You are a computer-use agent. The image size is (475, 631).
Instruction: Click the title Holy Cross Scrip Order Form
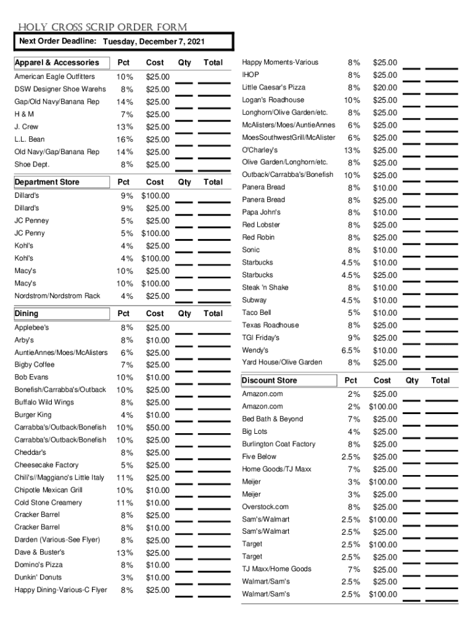[x=102, y=27]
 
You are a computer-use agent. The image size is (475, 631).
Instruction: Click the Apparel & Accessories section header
[x=56, y=63]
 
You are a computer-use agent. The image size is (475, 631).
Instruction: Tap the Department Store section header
[x=47, y=182]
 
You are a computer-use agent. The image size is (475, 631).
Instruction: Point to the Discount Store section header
[x=270, y=381]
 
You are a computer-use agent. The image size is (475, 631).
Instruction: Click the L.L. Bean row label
[x=30, y=139]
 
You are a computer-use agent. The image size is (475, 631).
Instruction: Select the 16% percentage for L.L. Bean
[x=124, y=139]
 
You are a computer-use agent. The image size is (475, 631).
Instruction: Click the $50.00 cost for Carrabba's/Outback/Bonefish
[x=158, y=428]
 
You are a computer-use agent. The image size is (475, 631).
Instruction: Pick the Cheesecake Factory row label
[x=46, y=465]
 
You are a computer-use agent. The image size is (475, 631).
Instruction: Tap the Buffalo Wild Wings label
[x=44, y=402]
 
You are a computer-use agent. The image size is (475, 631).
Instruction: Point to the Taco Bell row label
[x=257, y=312]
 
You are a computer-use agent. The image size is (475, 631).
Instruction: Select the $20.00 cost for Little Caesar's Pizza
[x=385, y=88]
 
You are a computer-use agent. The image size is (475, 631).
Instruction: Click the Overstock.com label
[x=265, y=507]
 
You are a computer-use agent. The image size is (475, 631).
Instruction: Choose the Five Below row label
[x=259, y=457]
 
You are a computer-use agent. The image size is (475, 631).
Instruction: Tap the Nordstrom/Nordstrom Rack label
[x=57, y=296]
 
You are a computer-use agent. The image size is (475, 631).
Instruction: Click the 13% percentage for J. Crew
[x=124, y=127]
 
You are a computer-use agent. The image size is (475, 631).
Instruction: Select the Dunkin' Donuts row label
[x=38, y=577]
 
